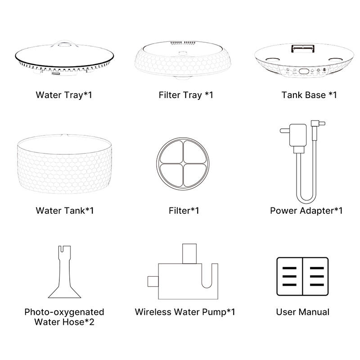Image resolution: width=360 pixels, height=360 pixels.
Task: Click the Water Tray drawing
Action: (x=64, y=58)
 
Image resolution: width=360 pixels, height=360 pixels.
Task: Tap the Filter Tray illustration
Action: (x=183, y=60)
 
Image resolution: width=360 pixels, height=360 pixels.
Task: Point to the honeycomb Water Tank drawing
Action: (x=64, y=164)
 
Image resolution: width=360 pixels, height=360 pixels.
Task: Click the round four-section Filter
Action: (x=183, y=164)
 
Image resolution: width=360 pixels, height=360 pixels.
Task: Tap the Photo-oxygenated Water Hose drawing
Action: (x=64, y=272)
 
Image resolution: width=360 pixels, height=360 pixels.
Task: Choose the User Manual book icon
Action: (x=302, y=276)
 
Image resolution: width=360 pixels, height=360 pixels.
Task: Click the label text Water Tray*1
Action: (x=64, y=95)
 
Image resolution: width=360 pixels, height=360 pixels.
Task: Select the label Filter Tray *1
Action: (x=186, y=95)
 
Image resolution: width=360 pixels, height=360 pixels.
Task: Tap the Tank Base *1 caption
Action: (x=309, y=95)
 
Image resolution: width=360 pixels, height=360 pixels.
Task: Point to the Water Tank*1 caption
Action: (x=65, y=211)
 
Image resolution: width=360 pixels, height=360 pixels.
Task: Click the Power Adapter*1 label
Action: (x=306, y=211)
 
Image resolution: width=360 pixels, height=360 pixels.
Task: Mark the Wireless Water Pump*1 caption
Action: (x=185, y=312)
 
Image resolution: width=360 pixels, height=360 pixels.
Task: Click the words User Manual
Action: (x=303, y=312)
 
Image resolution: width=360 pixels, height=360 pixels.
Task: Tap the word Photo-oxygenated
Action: (x=64, y=312)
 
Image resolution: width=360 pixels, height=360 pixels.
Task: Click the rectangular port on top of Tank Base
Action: (x=303, y=49)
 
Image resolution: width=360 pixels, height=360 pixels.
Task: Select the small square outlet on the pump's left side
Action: (x=153, y=282)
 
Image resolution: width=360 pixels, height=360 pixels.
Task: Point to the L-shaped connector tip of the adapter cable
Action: (x=318, y=123)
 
